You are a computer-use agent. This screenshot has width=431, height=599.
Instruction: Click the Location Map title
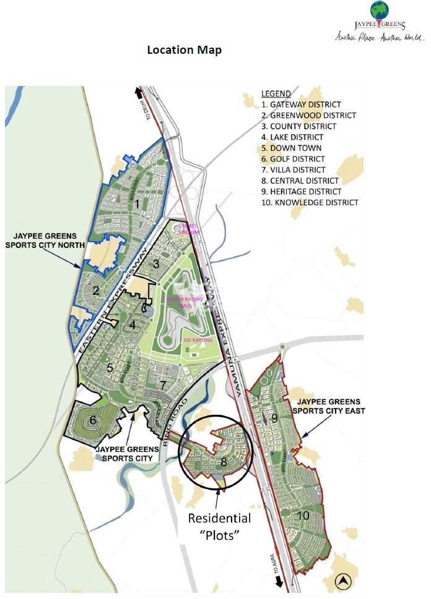[x=184, y=50]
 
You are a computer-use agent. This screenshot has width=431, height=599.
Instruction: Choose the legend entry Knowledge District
[x=310, y=202]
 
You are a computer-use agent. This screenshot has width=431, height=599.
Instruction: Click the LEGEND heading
[x=276, y=93]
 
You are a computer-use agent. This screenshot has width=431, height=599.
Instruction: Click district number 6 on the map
[x=93, y=420]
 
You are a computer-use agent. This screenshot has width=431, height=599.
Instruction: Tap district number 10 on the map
[x=303, y=516]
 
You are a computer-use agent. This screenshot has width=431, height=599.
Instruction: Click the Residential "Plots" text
[x=220, y=527]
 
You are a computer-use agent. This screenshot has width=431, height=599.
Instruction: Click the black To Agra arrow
[x=280, y=582]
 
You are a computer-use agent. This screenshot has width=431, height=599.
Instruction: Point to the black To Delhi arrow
[x=137, y=94]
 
